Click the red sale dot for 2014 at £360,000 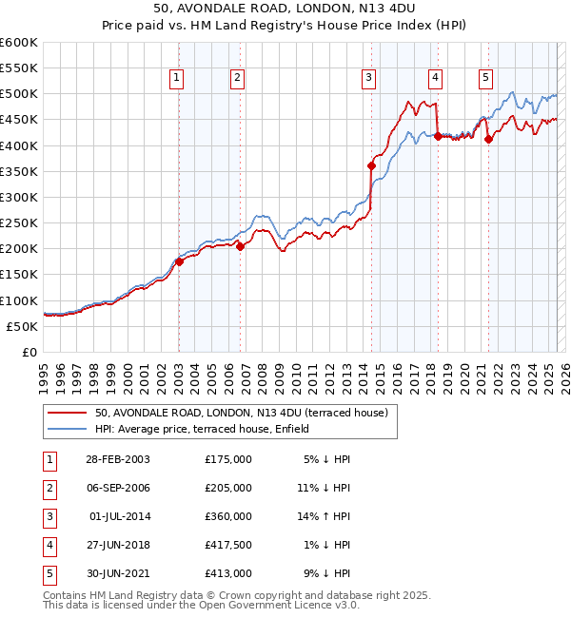point(372,166)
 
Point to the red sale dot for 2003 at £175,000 point(180,261)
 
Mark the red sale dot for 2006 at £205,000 point(240,246)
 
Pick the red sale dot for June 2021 point(488,139)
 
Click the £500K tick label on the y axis point(19,94)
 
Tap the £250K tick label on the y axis point(19,223)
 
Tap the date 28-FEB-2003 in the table point(118,459)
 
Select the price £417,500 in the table point(228,545)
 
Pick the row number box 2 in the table point(49,488)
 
